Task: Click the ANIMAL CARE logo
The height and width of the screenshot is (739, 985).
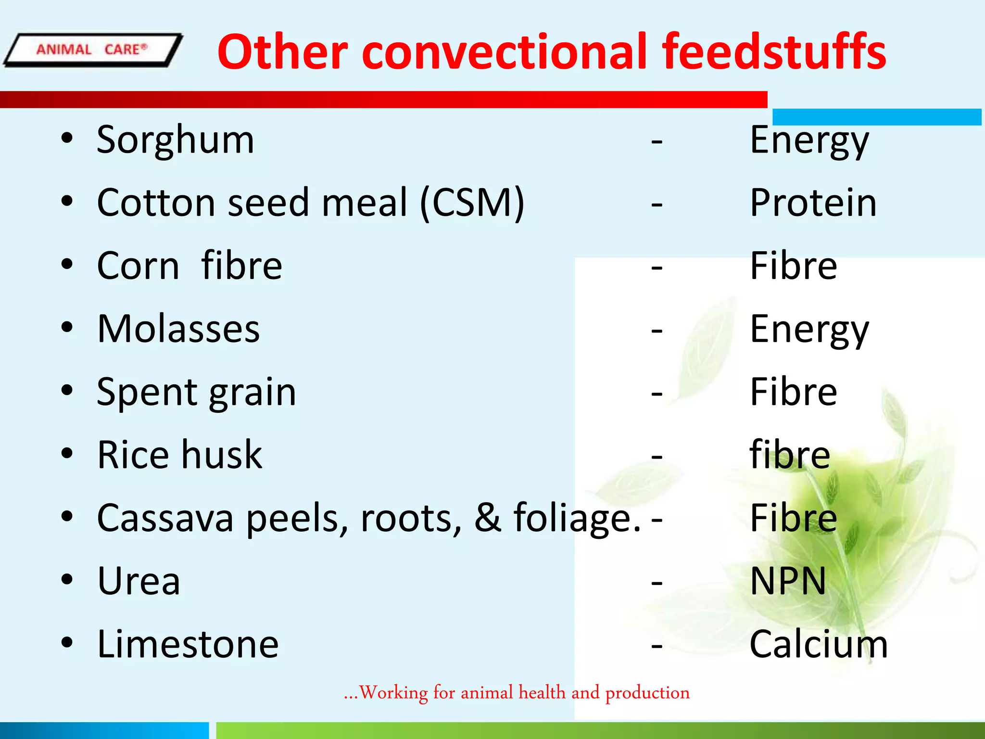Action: pyautogui.click(x=92, y=50)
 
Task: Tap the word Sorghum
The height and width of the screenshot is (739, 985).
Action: pyautogui.click(x=175, y=140)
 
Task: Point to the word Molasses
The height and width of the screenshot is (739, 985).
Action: pyautogui.click(x=178, y=329)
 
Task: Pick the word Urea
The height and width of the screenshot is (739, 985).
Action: pyautogui.click(x=139, y=581)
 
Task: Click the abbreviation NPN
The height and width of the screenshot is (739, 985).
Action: pyautogui.click(x=788, y=581)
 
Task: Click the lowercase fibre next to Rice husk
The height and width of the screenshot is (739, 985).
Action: pyautogui.click(x=790, y=455)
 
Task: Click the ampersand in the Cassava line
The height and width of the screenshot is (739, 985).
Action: pyautogui.click(x=488, y=518)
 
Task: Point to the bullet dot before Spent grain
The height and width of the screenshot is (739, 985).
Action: pyautogui.click(x=67, y=391)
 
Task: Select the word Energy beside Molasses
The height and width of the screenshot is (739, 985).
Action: pyautogui.click(x=809, y=330)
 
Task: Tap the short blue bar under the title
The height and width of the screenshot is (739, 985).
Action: pyautogui.click(x=876, y=117)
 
